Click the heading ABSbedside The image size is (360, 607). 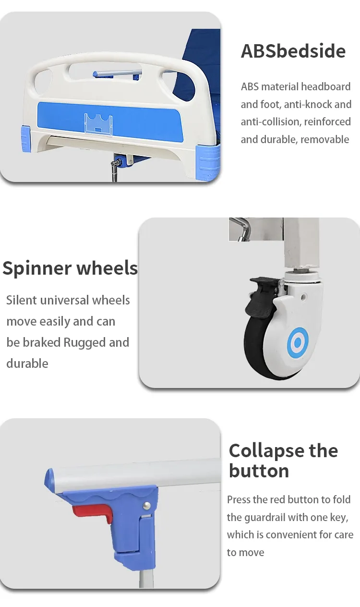pos(293,51)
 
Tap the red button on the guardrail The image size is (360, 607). pos(94,512)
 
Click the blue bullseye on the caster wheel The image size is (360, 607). pos(298,342)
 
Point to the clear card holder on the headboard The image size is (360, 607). pos(98,123)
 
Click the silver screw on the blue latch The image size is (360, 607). pos(146,505)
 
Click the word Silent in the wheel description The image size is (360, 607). pos(21,300)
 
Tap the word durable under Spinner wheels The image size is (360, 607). pos(27,364)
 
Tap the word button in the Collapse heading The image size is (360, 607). pos(259,471)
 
